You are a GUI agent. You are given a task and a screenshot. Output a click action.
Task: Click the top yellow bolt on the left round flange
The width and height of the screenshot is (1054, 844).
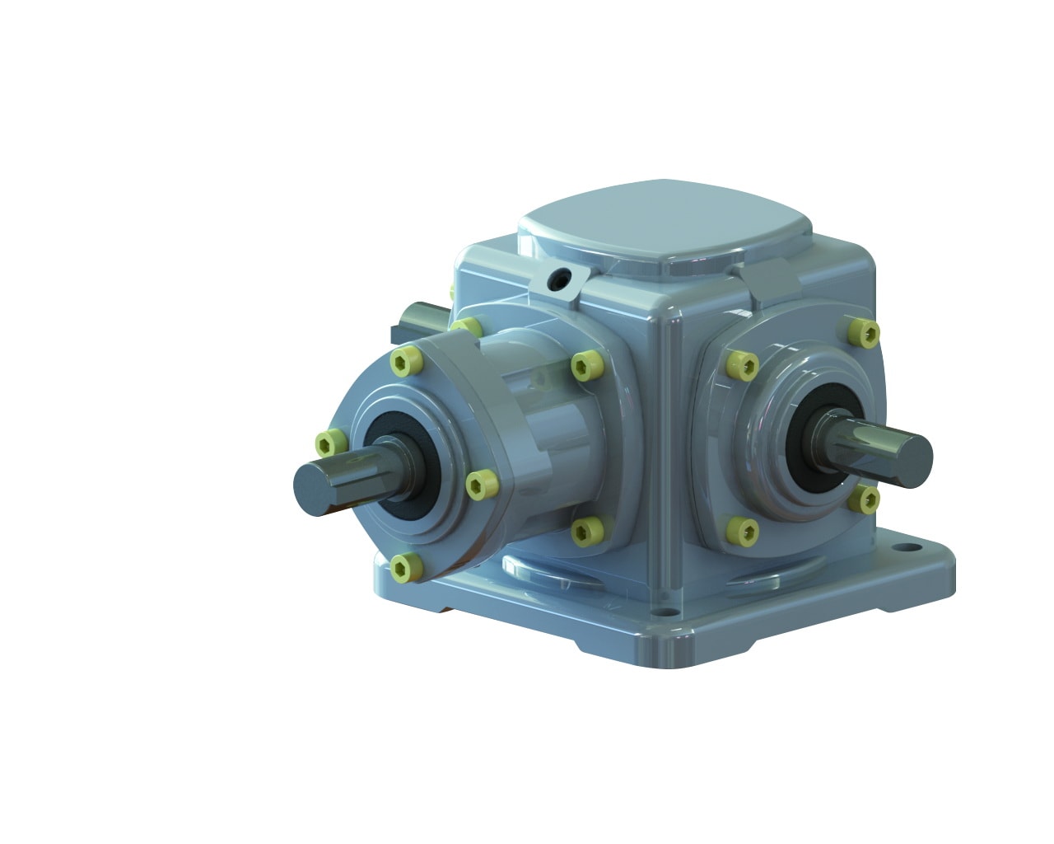[404, 360]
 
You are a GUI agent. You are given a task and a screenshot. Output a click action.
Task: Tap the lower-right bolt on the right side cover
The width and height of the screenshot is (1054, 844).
[865, 499]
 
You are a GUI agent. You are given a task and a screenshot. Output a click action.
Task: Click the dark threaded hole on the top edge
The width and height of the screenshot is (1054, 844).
[562, 282]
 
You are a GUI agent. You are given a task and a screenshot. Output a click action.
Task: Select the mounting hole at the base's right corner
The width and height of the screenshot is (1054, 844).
[909, 546]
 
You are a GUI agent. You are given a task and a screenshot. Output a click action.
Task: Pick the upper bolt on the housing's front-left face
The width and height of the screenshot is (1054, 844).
[585, 365]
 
